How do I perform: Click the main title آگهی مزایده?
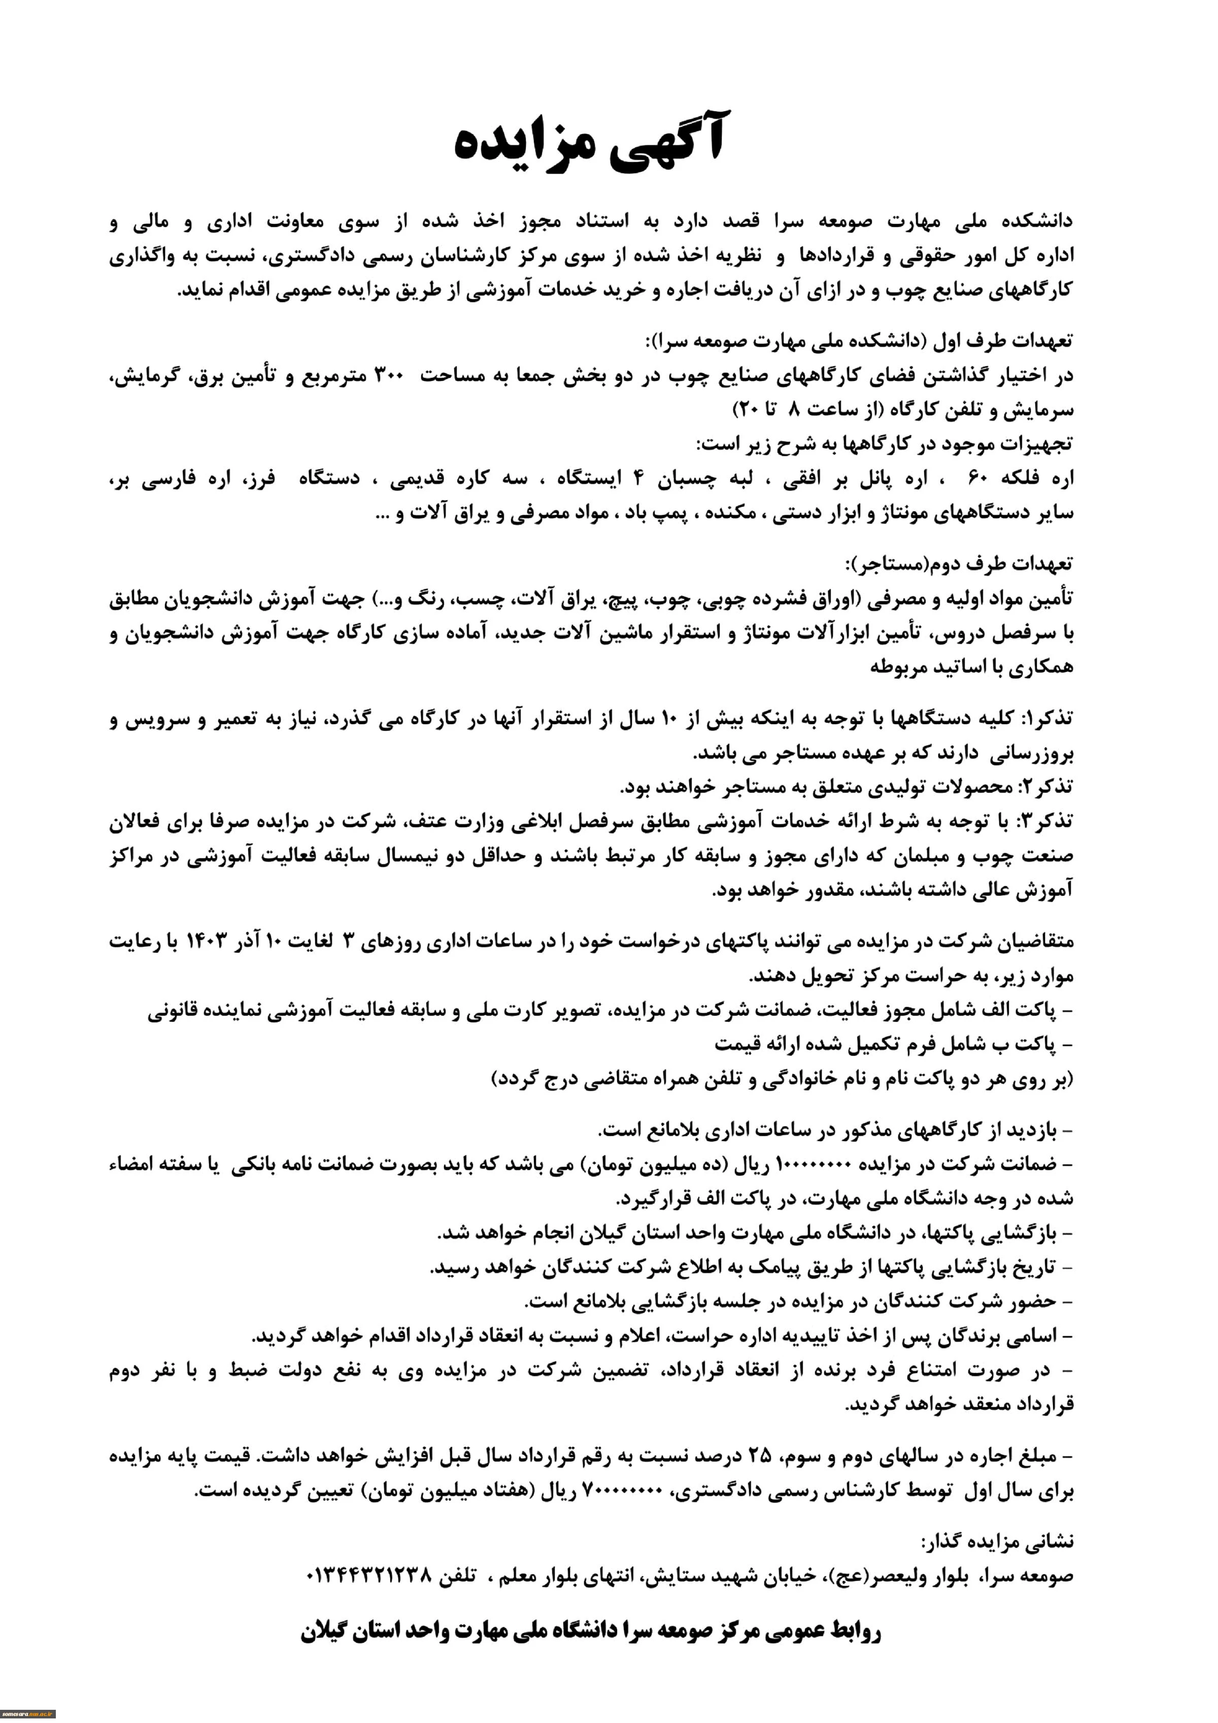[589, 143]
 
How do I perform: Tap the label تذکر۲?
[1046, 787]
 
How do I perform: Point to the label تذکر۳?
[1046, 822]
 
